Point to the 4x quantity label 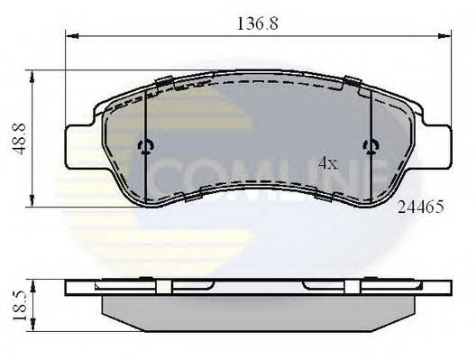click(x=328, y=163)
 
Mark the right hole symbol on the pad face click(x=370, y=147)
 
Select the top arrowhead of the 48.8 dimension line click(x=33, y=74)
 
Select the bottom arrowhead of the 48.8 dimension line click(x=33, y=202)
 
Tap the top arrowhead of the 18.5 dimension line click(x=33, y=282)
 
